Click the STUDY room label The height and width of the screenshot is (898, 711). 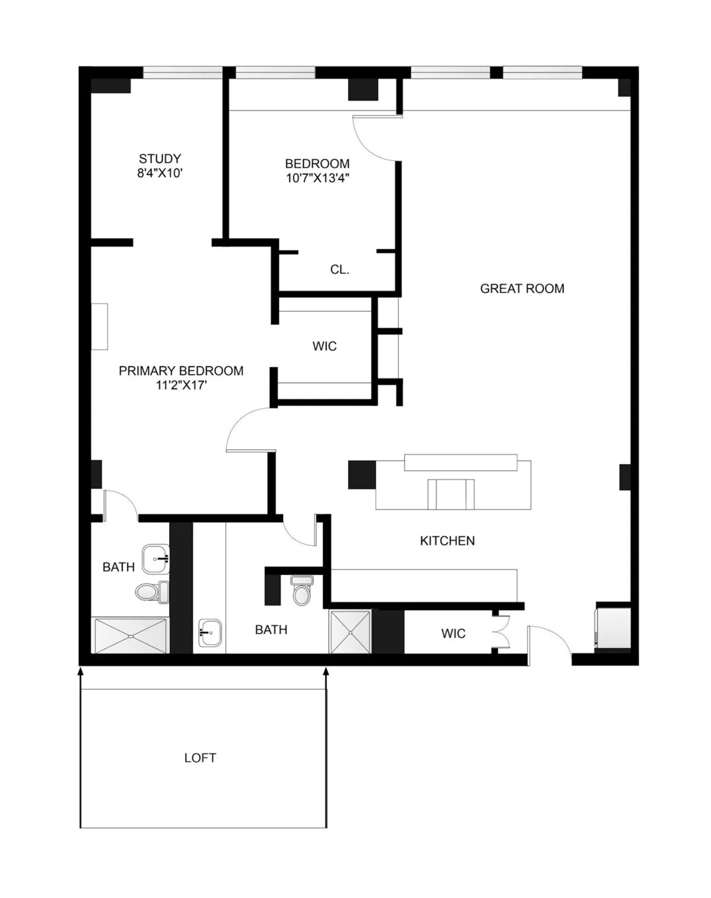[160, 159]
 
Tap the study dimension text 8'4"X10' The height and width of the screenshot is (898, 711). [160, 173]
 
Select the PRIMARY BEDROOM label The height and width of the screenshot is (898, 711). [181, 371]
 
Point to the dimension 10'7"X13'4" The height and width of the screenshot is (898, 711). [318, 178]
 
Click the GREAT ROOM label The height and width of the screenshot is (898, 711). [522, 289]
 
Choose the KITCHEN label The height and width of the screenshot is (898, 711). [447, 540]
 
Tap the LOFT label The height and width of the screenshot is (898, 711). [200, 758]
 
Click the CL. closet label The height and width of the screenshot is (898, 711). [340, 270]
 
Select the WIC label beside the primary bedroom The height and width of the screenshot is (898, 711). [325, 346]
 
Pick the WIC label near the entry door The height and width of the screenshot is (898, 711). [453, 633]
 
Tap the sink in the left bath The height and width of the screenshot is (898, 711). [156, 559]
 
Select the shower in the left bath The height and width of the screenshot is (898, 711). [130, 636]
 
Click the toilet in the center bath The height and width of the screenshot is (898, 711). [302, 590]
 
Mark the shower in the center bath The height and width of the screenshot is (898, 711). [350, 632]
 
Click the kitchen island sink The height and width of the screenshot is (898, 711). [451, 494]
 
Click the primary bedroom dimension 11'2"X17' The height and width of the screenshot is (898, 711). [181, 385]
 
